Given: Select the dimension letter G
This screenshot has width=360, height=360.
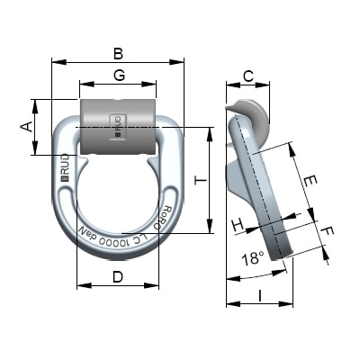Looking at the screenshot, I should pos(118,75).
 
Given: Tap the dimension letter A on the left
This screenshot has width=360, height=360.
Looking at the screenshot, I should pos(26,127).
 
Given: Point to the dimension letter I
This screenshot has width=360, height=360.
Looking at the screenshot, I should pos(260,294).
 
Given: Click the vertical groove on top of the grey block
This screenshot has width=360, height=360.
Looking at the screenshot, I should pos(118,103).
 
